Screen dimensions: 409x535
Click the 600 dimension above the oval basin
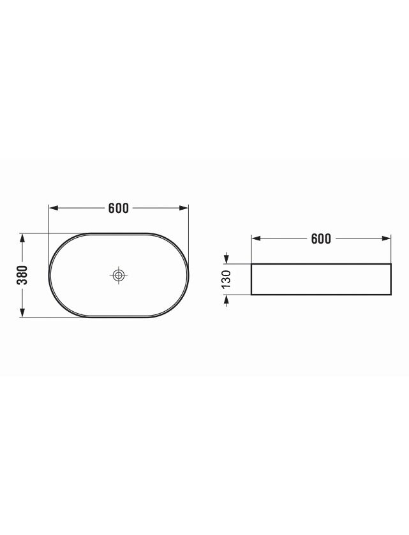pos(119,208)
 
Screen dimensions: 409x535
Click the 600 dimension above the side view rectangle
pos(321,239)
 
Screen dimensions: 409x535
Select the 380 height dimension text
pos(22,275)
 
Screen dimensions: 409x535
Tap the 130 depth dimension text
pos(227,279)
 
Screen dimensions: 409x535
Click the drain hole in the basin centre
pos(119,275)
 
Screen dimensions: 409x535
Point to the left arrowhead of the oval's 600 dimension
pos(54,208)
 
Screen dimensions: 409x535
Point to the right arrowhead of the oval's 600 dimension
pos(184,208)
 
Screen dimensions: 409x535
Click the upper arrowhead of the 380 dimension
pos(22,238)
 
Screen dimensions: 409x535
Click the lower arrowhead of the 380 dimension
pos(22,312)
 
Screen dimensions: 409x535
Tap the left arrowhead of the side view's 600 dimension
pos(256,238)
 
